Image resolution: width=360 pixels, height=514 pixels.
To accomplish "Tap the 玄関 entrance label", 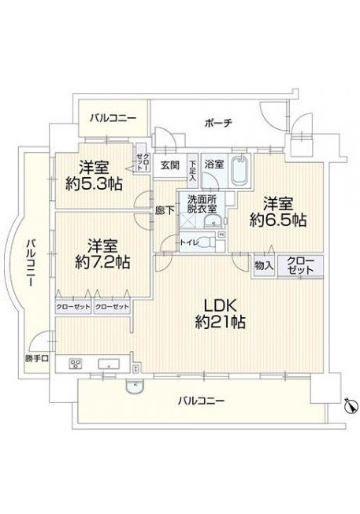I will pos(169,165).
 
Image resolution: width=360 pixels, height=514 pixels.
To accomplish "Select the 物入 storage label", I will pos(263,267).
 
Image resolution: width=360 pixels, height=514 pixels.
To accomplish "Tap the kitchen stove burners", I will pos(77,364).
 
